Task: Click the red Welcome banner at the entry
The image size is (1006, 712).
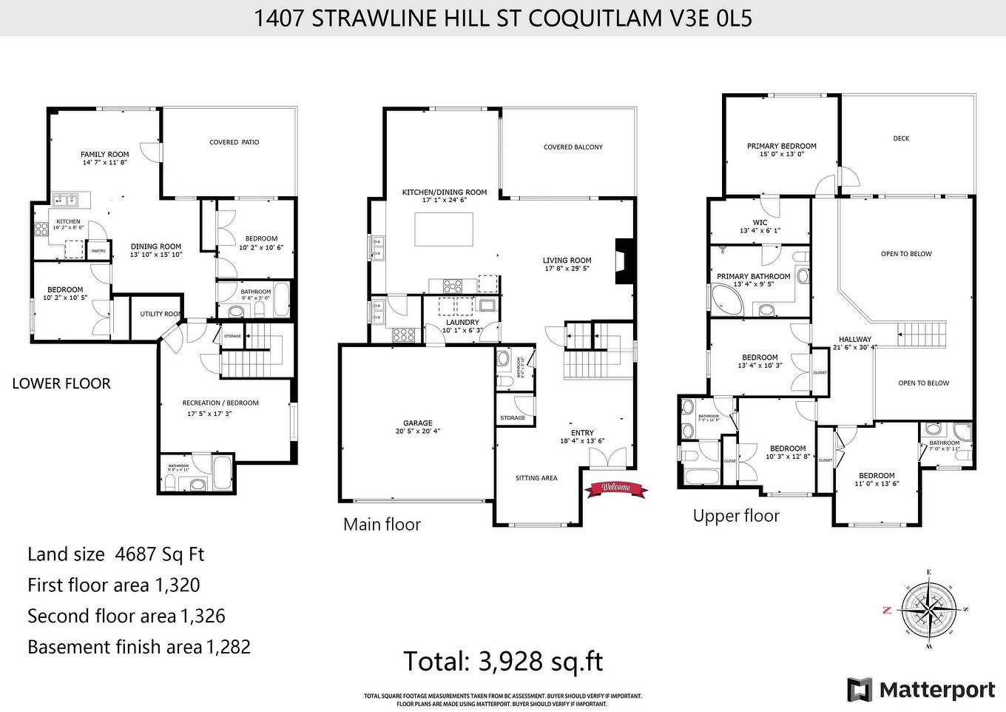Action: click(x=615, y=488)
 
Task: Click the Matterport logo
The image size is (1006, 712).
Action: click(x=921, y=690)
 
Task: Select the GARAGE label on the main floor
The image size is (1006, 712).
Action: click(x=418, y=423)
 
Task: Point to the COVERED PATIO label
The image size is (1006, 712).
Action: click(x=234, y=142)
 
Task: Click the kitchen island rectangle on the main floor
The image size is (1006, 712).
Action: click(x=443, y=229)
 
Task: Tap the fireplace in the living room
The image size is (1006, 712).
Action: click(x=624, y=261)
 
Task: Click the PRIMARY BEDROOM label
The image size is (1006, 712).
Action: click(x=781, y=147)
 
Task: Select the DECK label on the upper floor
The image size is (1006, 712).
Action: click(x=900, y=138)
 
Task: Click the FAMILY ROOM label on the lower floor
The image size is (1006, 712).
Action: click(x=104, y=155)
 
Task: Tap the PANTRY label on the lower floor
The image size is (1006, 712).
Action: click(x=98, y=251)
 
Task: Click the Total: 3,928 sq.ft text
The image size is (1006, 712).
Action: click(x=503, y=661)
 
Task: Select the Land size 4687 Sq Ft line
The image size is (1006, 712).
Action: click(x=115, y=554)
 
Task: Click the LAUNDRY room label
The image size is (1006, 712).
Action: click(x=462, y=323)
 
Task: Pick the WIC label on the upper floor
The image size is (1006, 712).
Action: click(x=760, y=222)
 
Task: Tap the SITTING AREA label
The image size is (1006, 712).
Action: click(x=536, y=478)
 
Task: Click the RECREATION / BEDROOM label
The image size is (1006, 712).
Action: click(x=220, y=403)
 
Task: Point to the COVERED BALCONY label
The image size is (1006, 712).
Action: click(x=573, y=147)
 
